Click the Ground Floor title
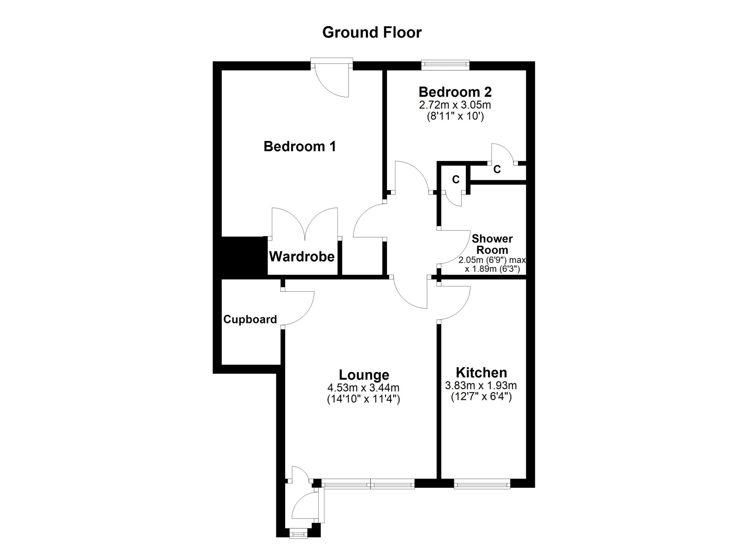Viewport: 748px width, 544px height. (x=372, y=33)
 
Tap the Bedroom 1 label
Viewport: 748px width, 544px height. (x=299, y=146)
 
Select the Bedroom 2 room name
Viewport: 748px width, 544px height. (x=455, y=92)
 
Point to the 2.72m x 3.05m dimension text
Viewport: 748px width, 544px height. (x=455, y=105)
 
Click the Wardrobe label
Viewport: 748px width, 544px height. (x=302, y=257)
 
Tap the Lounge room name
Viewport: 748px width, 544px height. (x=364, y=375)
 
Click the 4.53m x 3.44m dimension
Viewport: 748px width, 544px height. (x=363, y=388)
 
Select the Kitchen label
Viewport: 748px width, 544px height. (x=481, y=373)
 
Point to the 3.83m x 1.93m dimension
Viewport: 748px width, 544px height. (x=481, y=385)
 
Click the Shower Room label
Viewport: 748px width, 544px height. (x=492, y=244)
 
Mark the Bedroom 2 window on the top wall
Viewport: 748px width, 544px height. (x=445, y=65)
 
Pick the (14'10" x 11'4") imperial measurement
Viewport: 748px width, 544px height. (x=363, y=400)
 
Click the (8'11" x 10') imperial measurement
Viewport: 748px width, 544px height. (x=455, y=117)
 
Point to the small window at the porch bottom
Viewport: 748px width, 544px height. (x=298, y=534)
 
